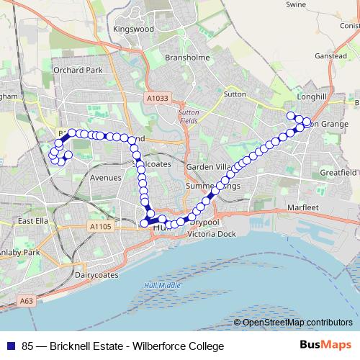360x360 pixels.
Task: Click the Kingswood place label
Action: point(134,30)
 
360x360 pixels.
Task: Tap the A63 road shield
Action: point(27,300)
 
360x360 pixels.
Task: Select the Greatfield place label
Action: point(338,173)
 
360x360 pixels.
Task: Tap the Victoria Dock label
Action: point(211,235)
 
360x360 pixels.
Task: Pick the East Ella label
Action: point(32,220)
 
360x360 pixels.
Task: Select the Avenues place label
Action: point(105,177)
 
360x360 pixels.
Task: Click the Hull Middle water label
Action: point(162,286)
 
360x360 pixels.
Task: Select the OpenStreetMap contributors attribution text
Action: point(297,323)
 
